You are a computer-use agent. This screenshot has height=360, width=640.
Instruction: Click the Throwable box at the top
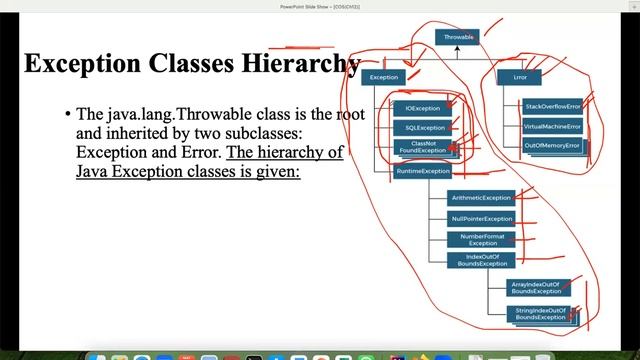pos(460,37)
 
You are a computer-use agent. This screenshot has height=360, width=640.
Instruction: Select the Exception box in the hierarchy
pos(384,77)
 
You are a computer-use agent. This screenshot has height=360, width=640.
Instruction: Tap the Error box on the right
pos(521,77)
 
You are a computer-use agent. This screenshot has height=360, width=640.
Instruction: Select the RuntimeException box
pos(423,171)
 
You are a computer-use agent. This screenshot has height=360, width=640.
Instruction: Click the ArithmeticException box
pos(481,198)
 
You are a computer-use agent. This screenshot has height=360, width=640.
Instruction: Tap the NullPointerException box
pos(481,218)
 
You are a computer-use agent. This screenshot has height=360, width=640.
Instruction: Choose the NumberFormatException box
pos(481,239)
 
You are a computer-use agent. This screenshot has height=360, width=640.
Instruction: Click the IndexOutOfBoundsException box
pos(481,260)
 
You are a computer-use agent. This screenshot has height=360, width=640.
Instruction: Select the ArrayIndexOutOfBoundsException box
pos(534,288)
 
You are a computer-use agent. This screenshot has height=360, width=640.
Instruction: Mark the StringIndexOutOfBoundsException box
pos(540,315)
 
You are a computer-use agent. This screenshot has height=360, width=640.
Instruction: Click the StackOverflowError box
pos(552,106)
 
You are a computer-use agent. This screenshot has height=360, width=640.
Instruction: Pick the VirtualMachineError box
pos(552,126)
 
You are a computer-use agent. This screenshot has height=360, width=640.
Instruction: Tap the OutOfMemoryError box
pos(552,146)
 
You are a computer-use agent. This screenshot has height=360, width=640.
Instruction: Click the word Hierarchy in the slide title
pos(300,63)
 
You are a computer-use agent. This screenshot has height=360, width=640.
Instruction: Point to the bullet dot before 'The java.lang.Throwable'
pos(67,115)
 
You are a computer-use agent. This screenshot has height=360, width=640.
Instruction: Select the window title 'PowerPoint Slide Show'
pos(318,5)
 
